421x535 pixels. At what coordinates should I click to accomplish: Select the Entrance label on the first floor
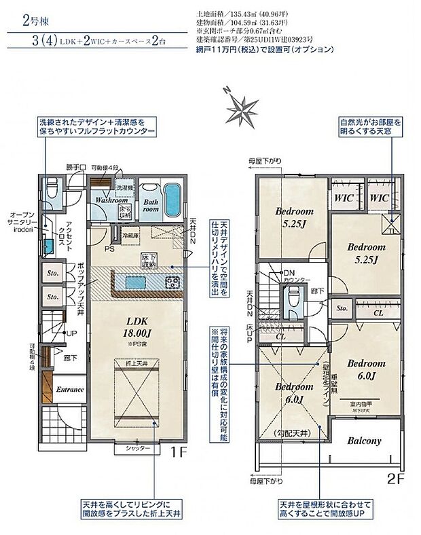click(69, 390)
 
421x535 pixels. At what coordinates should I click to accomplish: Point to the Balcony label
click(364, 440)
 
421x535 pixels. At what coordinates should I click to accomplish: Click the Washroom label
click(111, 201)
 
